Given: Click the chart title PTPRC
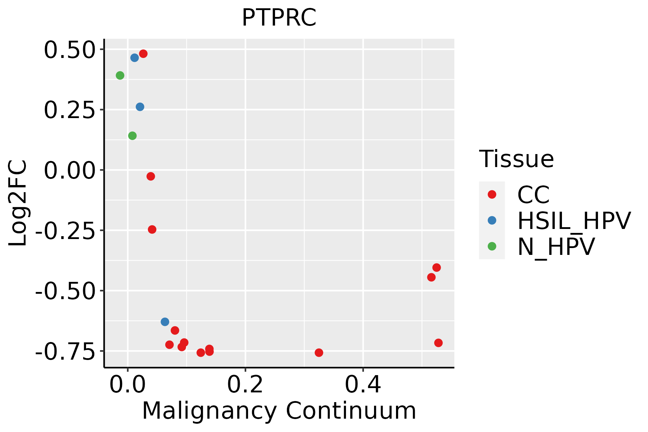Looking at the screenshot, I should click(x=279, y=18).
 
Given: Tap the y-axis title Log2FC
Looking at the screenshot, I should click(x=18, y=203).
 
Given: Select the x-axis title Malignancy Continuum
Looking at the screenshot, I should click(x=279, y=411).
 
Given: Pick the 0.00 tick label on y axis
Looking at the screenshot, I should click(x=69, y=171).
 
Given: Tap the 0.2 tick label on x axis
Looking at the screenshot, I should click(x=245, y=385).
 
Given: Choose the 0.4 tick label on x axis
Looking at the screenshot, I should click(x=363, y=385).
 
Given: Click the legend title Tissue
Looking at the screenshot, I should click(x=516, y=159).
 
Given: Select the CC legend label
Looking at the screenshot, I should click(x=533, y=195).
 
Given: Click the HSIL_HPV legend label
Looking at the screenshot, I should click(x=574, y=221).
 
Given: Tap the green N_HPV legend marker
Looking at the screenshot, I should click(x=492, y=246).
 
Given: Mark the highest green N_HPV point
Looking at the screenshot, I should click(x=120, y=75).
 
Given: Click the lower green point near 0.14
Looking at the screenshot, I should click(x=132, y=136).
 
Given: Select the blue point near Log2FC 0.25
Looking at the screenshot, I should click(x=140, y=107).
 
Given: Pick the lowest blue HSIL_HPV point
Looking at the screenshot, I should click(x=165, y=321).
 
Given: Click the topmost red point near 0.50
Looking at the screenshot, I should click(x=143, y=54).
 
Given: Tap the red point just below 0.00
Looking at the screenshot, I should click(x=151, y=176).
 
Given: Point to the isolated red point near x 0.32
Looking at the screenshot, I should click(x=319, y=352).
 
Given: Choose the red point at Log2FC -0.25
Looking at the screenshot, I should click(x=152, y=229).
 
